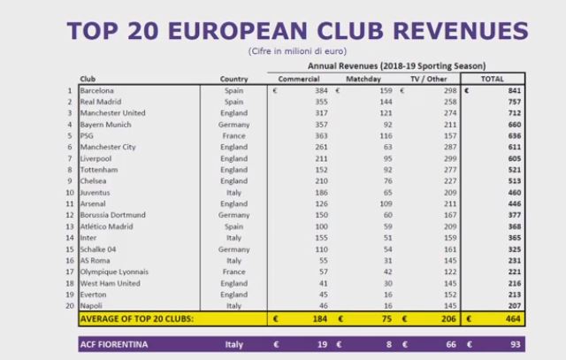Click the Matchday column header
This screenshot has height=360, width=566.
pyautogui.click(x=363, y=79)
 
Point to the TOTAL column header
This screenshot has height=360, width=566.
pyautogui.click(x=491, y=79)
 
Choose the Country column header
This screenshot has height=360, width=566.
pyautogui.click(x=233, y=79)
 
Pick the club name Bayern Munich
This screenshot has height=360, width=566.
pyautogui.click(x=105, y=125)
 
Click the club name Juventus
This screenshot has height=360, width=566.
pyautogui.click(x=95, y=192)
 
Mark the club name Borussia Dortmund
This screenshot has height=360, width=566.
pyautogui.click(x=112, y=215)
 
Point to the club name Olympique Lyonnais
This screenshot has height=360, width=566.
pyautogui.click(x=114, y=272)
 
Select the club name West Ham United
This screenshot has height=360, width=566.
pyautogui.click(x=110, y=283)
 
